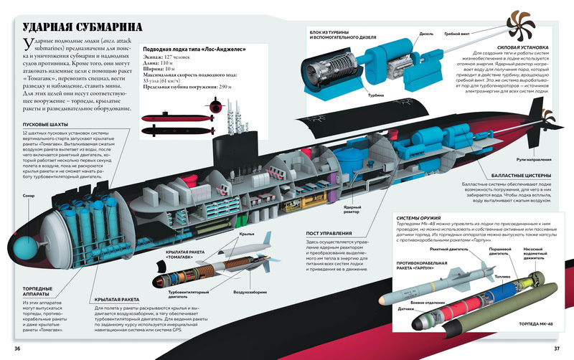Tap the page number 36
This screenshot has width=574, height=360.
coord(19,349)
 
